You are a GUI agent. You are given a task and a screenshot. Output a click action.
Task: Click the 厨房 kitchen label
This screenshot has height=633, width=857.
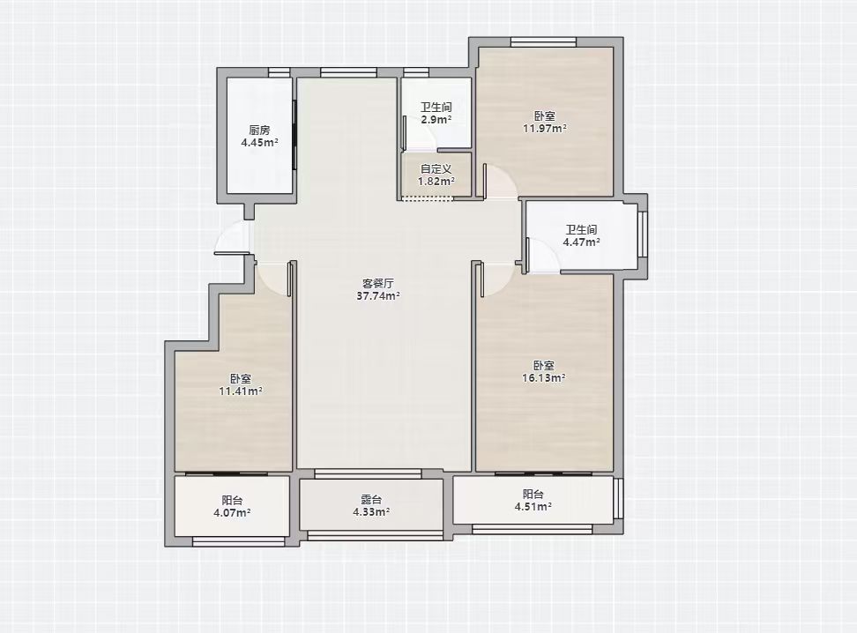[259, 130]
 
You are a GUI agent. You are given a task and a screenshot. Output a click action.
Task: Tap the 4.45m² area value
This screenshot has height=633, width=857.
[259, 143]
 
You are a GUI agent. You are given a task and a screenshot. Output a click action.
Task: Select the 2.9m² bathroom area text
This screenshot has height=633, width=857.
[436, 120]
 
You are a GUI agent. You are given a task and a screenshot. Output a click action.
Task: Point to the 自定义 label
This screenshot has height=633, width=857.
[436, 169]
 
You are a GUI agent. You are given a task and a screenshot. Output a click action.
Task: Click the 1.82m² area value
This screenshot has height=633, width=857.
[436, 181]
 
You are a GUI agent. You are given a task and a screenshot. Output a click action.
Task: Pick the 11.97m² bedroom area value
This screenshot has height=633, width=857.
[544, 129]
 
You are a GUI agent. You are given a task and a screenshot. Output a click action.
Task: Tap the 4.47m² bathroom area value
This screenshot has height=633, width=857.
[582, 242]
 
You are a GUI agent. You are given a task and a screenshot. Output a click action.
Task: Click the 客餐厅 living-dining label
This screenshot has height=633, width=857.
[377, 283]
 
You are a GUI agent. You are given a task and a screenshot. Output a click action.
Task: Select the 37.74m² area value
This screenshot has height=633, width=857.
[377, 295]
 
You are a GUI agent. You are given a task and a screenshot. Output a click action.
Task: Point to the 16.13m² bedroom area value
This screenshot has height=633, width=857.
[544, 377]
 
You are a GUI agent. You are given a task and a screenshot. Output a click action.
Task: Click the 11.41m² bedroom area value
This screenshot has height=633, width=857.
[241, 391]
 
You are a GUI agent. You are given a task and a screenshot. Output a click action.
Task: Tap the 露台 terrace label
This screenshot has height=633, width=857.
[371, 499]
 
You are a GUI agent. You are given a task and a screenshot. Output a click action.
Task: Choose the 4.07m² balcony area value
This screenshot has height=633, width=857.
[232, 513]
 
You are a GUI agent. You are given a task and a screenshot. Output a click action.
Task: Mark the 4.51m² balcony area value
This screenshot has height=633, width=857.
[533, 507]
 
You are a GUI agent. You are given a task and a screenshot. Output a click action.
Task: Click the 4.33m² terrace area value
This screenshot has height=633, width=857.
[371, 511]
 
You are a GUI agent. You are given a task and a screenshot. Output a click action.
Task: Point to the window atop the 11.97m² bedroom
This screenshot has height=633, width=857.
[543, 42]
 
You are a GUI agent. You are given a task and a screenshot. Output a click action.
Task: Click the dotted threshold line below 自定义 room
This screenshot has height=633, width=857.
[428, 198]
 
